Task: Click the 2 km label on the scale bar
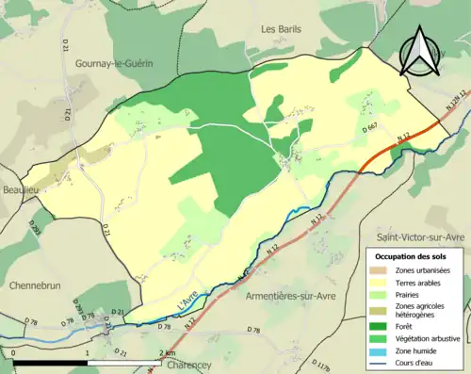click(168, 353)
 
